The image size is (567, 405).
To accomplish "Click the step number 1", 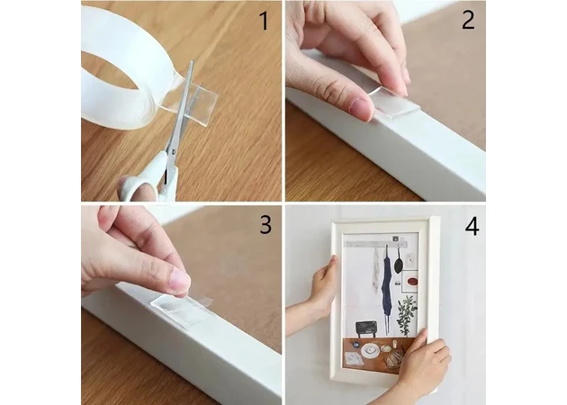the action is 265,21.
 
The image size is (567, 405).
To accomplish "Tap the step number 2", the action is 468,20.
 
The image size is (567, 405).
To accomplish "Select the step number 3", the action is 265,224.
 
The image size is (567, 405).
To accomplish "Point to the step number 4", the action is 472,227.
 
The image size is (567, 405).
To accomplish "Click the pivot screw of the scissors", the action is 174,152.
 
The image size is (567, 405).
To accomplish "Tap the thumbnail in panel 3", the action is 180,280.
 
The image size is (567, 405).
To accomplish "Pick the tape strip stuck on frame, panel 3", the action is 181,310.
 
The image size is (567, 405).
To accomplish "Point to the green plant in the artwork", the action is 407,315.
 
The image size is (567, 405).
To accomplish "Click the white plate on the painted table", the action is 370,350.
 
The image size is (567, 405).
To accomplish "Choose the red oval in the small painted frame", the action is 412,281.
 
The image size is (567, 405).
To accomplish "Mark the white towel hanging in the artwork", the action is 375,271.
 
